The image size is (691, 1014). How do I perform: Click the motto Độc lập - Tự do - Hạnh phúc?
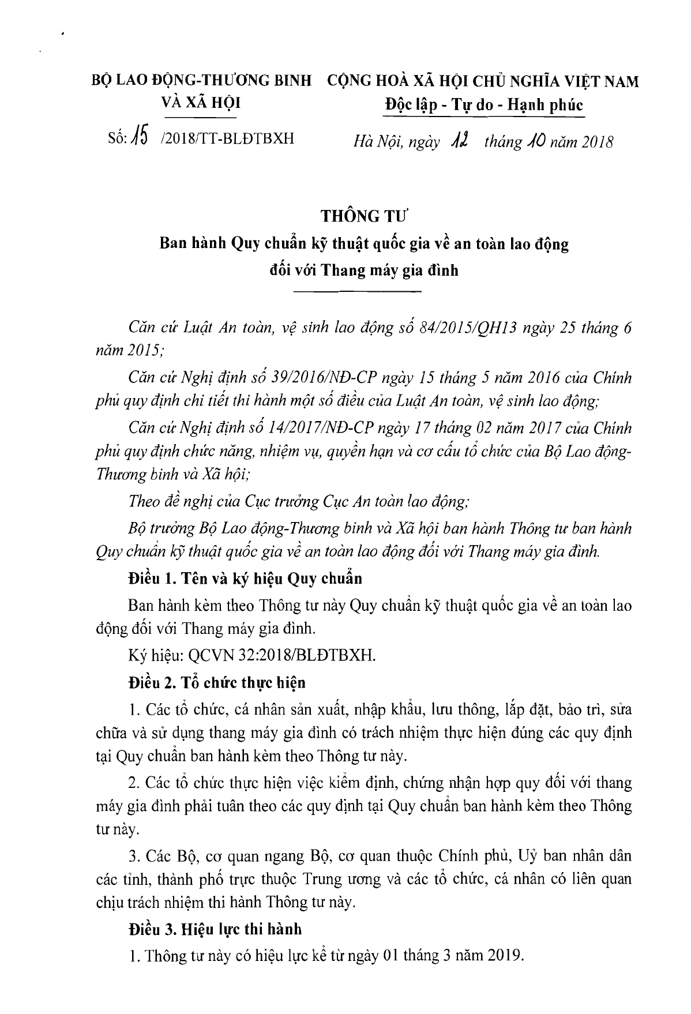point(484,106)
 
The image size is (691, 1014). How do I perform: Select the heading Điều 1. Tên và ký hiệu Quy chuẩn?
point(246,579)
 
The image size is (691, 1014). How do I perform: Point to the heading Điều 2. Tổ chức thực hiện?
point(217,682)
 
